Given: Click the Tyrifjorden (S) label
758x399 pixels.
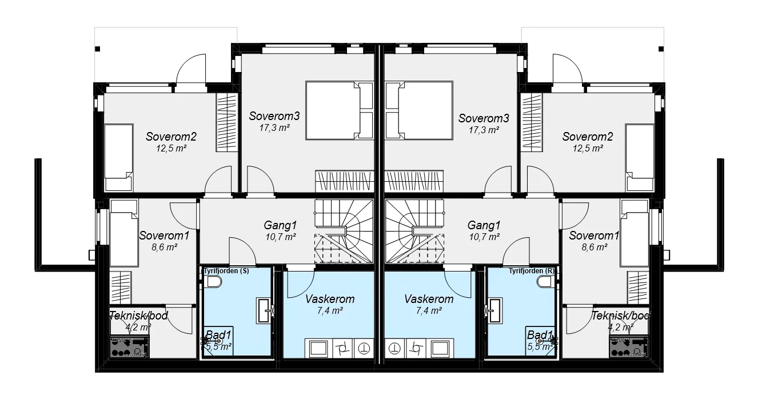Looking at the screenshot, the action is pyautogui.click(x=226, y=271).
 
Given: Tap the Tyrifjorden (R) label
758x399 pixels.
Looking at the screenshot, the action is pyautogui.click(x=532, y=271).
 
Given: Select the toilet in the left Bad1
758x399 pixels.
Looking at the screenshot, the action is pyautogui.click(x=214, y=282).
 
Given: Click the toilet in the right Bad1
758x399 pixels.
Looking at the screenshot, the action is pyautogui.click(x=545, y=282).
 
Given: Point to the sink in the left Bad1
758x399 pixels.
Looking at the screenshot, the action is pyautogui.click(x=263, y=310).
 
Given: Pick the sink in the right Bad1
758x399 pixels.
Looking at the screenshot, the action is pyautogui.click(x=496, y=310).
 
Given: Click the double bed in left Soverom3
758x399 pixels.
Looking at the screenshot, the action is pyautogui.click(x=339, y=110).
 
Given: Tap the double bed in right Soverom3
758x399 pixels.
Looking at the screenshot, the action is pyautogui.click(x=419, y=110).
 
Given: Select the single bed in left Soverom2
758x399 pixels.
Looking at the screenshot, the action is pyautogui.click(x=118, y=158).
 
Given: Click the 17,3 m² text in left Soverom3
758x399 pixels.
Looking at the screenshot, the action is pyautogui.click(x=274, y=128).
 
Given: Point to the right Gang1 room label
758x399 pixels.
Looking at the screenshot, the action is pyautogui.click(x=484, y=225).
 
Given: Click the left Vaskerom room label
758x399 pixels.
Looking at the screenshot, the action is pyautogui.click(x=330, y=299).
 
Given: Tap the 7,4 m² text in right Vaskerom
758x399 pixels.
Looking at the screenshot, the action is pyautogui.click(x=429, y=310).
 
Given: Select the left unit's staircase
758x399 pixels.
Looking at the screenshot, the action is pyautogui.click(x=344, y=231).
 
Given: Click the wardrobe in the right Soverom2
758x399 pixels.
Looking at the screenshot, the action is pyautogui.click(x=532, y=122).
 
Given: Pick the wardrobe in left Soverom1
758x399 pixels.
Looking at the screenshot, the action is pyautogui.click(x=121, y=287).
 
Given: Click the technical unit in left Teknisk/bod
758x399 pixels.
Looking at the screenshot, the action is pyautogui.click(x=130, y=346).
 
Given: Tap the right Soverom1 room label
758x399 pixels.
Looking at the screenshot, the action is pyautogui.click(x=594, y=236).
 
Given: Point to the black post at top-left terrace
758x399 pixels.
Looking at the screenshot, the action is pyautogui.click(x=97, y=49).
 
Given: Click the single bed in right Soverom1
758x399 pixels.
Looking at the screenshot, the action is pyautogui.click(x=635, y=233).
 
